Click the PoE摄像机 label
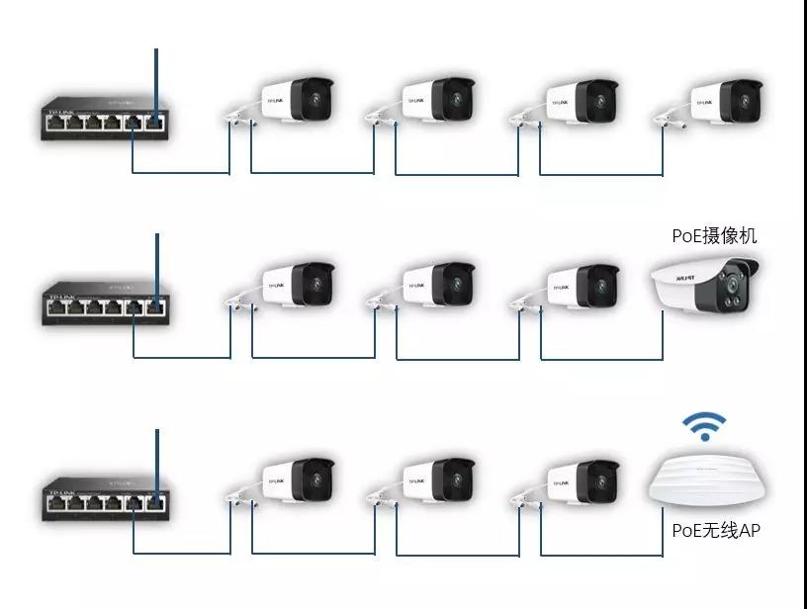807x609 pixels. (x=714, y=235)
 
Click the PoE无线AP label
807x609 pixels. (x=716, y=531)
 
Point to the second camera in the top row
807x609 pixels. (x=436, y=102)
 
